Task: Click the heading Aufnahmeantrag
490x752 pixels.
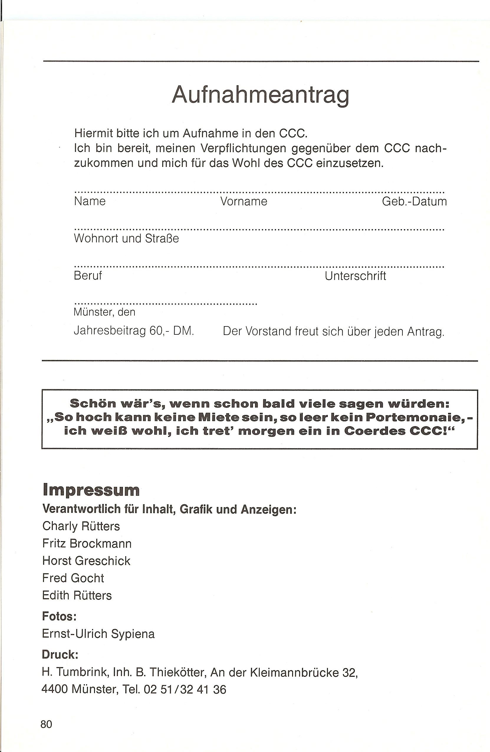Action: tap(260, 95)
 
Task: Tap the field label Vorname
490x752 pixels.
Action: tap(244, 201)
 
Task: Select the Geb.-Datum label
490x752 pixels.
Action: tap(414, 201)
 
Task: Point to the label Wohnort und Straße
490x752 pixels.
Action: tap(126, 238)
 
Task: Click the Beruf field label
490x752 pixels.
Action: tap(88, 275)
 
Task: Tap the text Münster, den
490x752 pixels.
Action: tap(104, 312)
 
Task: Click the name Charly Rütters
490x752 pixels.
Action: tap(81, 526)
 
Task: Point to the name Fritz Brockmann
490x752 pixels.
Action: tap(87, 543)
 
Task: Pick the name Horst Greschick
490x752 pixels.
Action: tap(86, 561)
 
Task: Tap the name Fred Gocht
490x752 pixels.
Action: tap(73, 578)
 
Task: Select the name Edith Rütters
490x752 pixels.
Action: tap(77, 595)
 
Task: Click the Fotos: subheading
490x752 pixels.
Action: tap(59, 616)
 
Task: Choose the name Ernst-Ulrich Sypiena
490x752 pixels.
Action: tap(98, 634)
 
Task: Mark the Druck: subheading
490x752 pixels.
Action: tap(60, 654)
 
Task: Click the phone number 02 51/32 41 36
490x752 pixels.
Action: tap(185, 689)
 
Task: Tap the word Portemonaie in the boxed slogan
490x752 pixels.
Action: tap(415, 417)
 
